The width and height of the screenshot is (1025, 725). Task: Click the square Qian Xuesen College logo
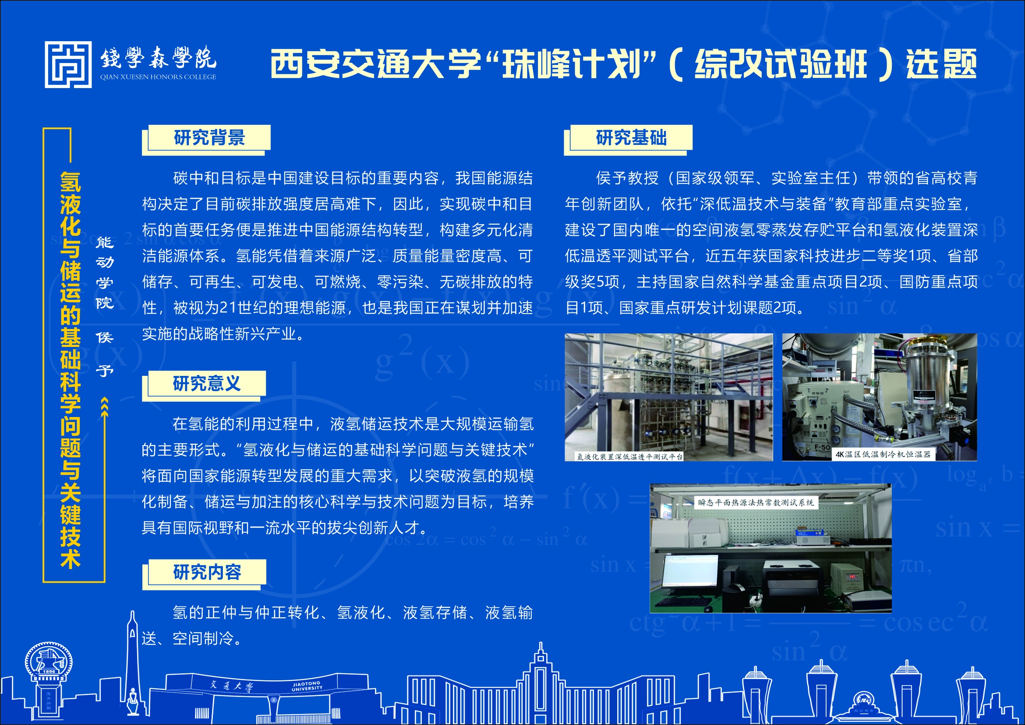[x=68, y=65]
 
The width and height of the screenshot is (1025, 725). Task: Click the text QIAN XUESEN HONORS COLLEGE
[x=158, y=77]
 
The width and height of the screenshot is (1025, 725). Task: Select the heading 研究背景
[x=209, y=138]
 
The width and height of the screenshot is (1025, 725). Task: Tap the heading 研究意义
[x=207, y=383]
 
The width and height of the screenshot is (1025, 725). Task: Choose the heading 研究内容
[x=207, y=572]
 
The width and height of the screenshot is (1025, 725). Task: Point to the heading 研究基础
[x=631, y=138]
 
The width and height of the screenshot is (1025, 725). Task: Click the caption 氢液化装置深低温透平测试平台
[x=629, y=457]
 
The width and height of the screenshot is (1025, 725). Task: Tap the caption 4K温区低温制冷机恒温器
[x=883, y=454]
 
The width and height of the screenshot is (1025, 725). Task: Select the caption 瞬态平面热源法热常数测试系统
[x=756, y=502]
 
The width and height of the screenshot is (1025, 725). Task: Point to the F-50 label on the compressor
[x=822, y=447]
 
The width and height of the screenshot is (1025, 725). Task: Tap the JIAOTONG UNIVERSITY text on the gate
[x=307, y=686]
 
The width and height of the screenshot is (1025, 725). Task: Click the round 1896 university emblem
[x=49, y=662]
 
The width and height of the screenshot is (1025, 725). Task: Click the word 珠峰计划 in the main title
[x=572, y=64]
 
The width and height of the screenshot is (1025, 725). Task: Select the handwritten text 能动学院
[x=105, y=273]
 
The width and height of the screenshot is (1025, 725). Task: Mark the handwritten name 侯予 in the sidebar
[x=105, y=354]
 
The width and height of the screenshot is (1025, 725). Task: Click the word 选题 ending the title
[x=941, y=64]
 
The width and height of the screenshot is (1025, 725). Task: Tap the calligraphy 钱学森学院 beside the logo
[x=158, y=58]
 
